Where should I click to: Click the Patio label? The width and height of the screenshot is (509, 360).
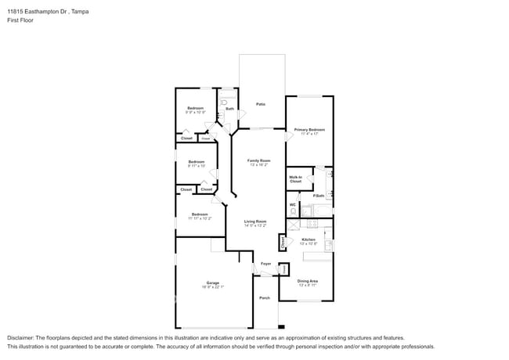click(261, 104)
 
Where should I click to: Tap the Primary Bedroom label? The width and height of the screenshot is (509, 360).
click(309, 130)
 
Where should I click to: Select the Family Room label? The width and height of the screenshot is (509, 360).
click(259, 161)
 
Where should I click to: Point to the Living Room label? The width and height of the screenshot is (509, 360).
click(255, 221)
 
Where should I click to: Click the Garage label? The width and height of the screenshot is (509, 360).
click(212, 283)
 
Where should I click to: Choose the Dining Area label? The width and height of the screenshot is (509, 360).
click(308, 281)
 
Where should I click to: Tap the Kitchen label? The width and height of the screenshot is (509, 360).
click(309, 239)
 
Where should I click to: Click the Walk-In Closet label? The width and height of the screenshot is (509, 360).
click(295, 179)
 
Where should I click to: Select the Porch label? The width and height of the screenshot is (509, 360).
click(265, 297)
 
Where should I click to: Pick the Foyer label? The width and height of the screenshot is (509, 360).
click(265, 264)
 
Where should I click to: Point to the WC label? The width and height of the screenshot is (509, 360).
click(293, 205)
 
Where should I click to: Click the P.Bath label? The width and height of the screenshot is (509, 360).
click(319, 196)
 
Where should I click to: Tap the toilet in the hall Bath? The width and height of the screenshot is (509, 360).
click(224, 102)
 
